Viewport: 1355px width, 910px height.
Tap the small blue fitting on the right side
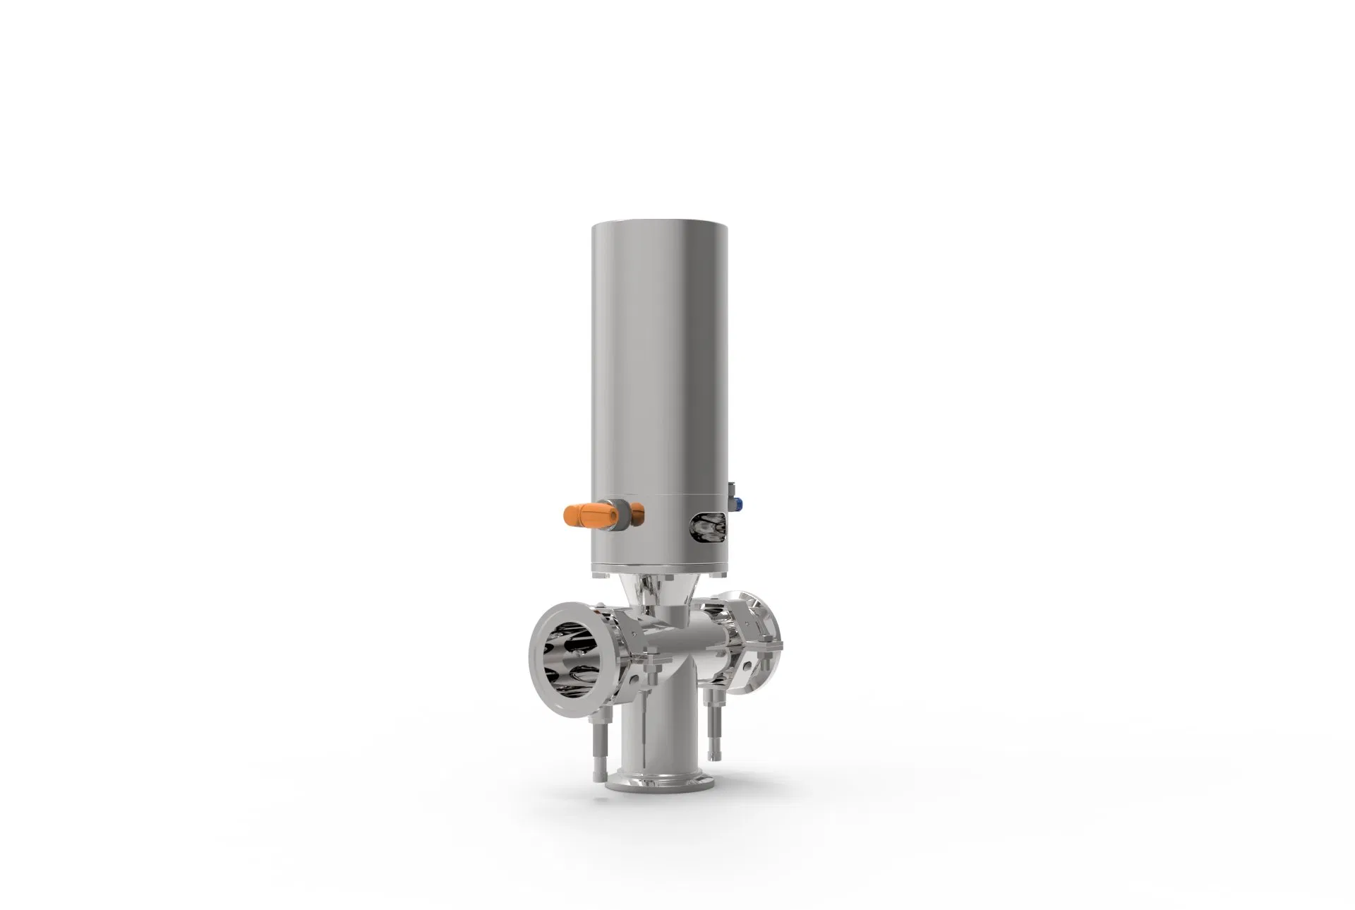point(738,503)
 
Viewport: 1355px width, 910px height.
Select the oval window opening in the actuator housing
point(708,527)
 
